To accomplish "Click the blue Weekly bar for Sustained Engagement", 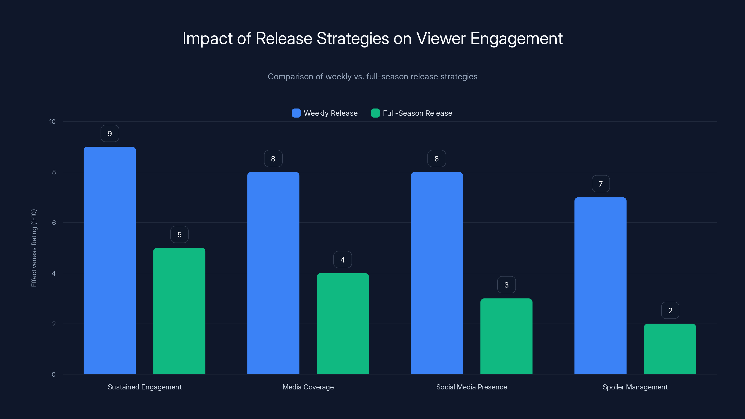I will click(110, 260).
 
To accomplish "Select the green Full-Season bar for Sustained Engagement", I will click(179, 311).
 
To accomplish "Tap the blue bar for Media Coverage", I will click(273, 273).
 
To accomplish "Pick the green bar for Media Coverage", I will click(343, 324).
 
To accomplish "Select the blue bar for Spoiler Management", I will click(600, 286).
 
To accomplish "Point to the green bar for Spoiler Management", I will click(670, 349).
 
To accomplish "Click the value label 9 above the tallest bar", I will click(110, 134).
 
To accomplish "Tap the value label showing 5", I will click(179, 234).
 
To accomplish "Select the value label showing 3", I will click(506, 285).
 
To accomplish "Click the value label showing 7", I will click(601, 184).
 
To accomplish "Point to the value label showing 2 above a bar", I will click(670, 311).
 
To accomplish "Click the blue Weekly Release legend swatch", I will click(296, 113).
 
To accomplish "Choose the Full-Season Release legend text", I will click(417, 113).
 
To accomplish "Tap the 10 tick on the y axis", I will click(52, 122).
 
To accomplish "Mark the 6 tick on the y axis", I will click(54, 223).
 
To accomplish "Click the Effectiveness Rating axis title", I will click(34, 248).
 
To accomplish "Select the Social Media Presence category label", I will click(471, 387).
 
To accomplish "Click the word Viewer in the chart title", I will click(441, 38).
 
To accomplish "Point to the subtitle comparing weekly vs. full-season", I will click(372, 77).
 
